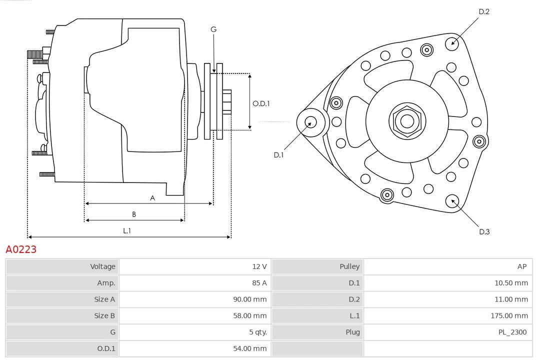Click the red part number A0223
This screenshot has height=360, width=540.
21,249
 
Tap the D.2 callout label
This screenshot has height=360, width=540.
483,11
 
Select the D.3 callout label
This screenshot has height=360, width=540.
484,231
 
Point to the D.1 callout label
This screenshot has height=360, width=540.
278,155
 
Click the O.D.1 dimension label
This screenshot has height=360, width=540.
261,103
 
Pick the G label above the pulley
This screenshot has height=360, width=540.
213,29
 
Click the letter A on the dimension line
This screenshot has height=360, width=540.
152,198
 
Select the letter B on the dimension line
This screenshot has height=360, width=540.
134,214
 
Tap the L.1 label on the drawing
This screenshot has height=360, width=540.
127,231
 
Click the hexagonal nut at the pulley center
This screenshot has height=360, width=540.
407,121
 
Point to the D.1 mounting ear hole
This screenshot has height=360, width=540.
310,122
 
